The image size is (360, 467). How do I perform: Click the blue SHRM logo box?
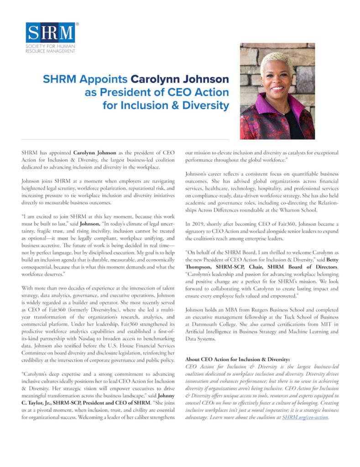(50, 33)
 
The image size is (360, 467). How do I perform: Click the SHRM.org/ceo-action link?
(305, 417)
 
